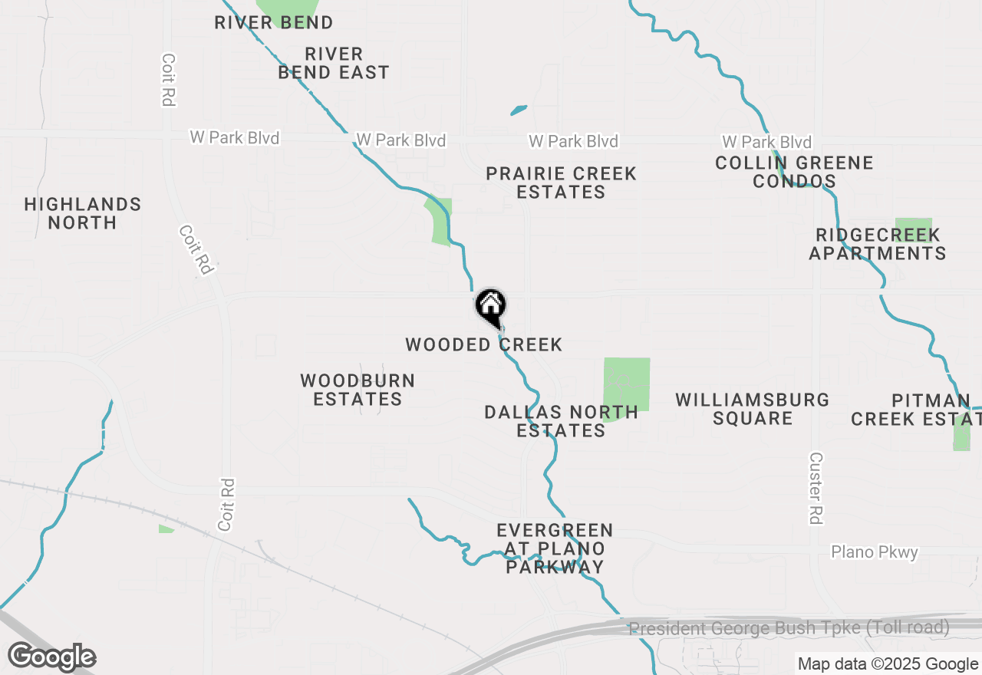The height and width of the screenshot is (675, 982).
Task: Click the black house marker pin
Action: click(491, 306)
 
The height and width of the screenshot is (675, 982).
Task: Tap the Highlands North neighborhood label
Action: click(83, 213)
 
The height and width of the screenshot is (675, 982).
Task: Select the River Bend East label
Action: click(334, 63)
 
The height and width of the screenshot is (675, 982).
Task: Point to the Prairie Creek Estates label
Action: click(562, 183)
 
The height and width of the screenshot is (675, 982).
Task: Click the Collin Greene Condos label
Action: click(794, 172)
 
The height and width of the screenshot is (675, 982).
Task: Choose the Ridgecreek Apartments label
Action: click(878, 244)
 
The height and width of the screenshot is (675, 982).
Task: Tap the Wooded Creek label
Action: click(484, 345)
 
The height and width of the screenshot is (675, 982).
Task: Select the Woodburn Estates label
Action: click(358, 390)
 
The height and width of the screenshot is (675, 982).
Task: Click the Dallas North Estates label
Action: click(562, 421)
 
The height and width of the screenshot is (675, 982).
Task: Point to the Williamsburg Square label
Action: click(753, 409)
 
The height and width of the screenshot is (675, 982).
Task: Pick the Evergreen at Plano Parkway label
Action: click(555, 548)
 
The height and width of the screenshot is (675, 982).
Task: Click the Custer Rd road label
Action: click(816, 488)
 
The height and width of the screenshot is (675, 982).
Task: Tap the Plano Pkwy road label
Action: click(875, 552)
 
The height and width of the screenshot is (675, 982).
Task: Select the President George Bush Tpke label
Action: click(789, 628)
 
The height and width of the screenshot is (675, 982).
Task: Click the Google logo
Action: click(51, 657)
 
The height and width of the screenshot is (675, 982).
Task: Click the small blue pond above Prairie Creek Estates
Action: click(519, 110)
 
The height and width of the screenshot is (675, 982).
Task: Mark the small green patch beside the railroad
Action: click(166, 528)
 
